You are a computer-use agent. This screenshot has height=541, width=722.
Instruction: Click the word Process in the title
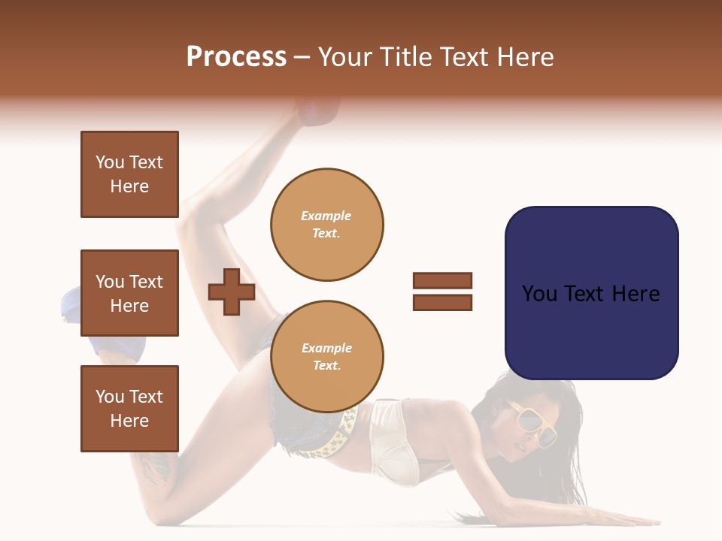(236, 57)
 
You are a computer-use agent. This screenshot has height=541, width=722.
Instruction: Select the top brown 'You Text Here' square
(129, 174)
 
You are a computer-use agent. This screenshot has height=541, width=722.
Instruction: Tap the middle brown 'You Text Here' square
(129, 293)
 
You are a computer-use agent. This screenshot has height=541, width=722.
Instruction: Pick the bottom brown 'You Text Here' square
(129, 409)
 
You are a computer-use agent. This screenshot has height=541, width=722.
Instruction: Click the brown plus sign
(232, 292)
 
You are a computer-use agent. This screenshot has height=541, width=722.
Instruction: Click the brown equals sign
(442, 292)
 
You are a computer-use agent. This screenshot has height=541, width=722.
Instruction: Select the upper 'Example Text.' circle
(326, 225)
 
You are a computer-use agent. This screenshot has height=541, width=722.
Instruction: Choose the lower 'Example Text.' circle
(326, 357)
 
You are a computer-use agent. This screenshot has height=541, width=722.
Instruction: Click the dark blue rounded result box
(591, 293)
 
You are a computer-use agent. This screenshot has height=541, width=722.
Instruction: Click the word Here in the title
(525, 57)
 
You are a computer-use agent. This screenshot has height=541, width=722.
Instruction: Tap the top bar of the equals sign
(442, 281)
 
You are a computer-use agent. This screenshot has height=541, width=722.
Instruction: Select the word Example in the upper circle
(326, 216)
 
